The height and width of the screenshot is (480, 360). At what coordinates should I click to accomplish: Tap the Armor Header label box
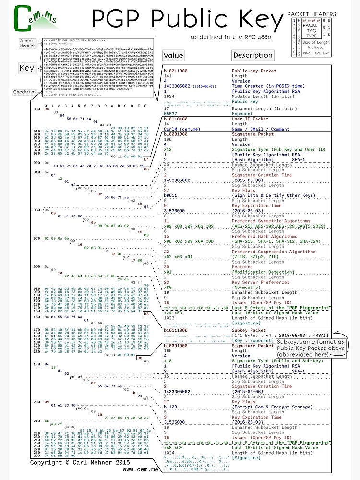pyautogui.click(x=27, y=44)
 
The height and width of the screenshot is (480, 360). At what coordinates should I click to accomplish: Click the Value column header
pyautogui.click(x=173, y=55)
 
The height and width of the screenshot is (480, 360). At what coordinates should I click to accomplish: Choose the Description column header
pyautogui.click(x=252, y=55)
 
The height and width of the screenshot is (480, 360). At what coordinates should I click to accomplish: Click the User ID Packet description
pyautogui.click(x=250, y=119)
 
